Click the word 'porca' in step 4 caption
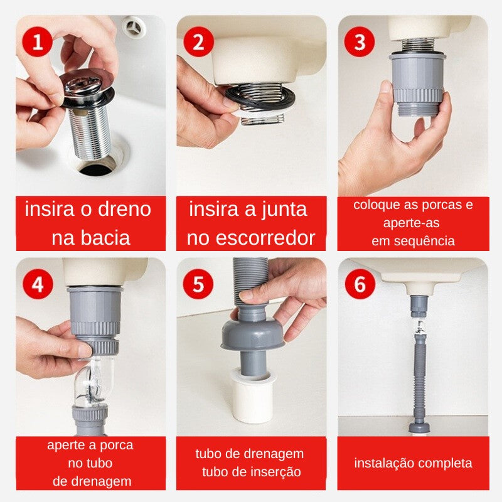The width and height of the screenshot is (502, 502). point(115,446)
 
